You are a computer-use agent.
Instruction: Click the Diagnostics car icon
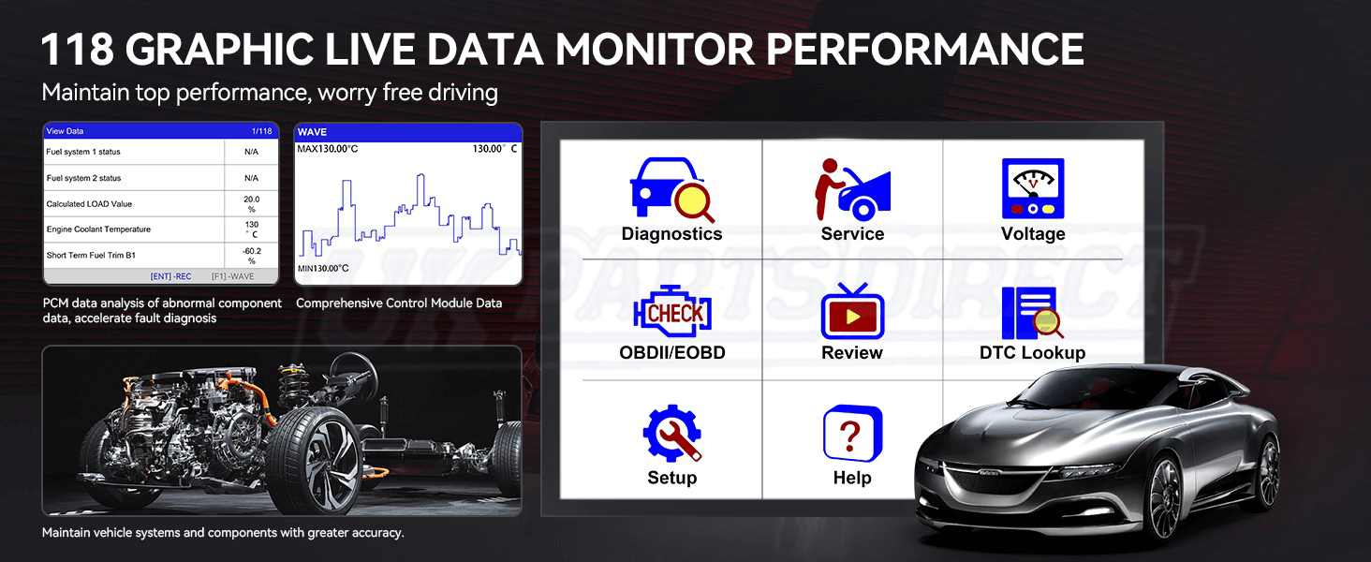pyautogui.click(x=671, y=190)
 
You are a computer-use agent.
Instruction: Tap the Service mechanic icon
pyautogui.click(x=852, y=190)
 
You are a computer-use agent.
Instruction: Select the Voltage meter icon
pyautogui.click(x=1033, y=188)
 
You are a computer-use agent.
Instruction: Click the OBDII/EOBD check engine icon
pyautogui.click(x=672, y=311)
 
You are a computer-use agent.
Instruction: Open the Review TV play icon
pyautogui.click(x=852, y=311)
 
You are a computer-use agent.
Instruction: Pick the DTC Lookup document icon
pyautogui.click(x=1033, y=313)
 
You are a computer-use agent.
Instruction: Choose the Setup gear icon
pyautogui.click(x=672, y=433)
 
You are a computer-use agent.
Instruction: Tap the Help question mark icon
pyautogui.click(x=852, y=434)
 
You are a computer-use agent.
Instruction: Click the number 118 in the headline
pyautogui.click(x=77, y=49)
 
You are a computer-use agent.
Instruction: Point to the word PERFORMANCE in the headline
pyautogui.click(x=925, y=49)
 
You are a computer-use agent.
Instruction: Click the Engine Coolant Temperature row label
pyautogui.click(x=98, y=229)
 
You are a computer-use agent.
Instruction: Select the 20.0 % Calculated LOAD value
pyautogui.click(x=252, y=204)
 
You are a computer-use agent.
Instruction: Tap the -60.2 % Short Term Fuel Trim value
pyautogui.click(x=252, y=256)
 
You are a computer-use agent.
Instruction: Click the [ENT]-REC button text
pyautogui.click(x=170, y=276)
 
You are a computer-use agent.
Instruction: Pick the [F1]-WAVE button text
pyautogui.click(x=232, y=276)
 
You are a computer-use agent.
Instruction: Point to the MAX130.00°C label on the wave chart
pyautogui.click(x=328, y=149)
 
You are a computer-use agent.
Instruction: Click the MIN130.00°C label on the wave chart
pyautogui.click(x=323, y=268)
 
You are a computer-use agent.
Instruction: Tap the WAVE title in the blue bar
pyautogui.click(x=312, y=132)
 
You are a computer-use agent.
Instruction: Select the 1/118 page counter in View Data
pyautogui.click(x=262, y=131)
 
